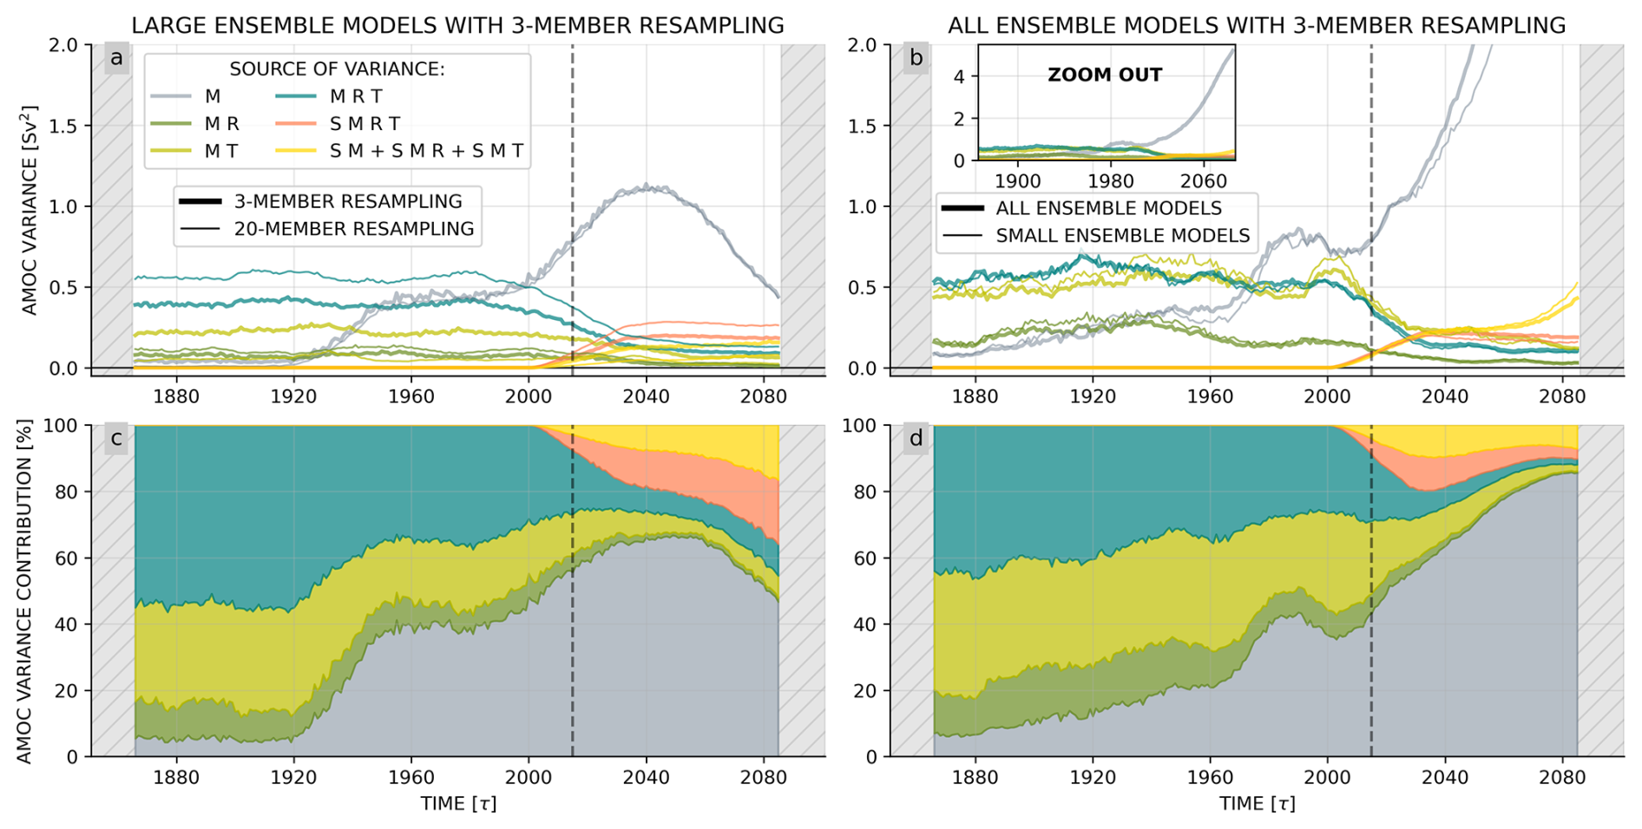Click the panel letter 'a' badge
click(116, 58)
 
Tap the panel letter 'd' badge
click(916, 439)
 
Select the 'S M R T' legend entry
click(365, 124)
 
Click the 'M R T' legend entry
click(356, 96)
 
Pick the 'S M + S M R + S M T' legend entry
click(426, 151)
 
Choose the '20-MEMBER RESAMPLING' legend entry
click(353, 229)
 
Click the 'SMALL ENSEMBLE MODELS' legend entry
click(1122, 236)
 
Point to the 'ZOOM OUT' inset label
click(1104, 75)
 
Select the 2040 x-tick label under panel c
click(646, 778)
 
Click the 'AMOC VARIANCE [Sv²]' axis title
click(30, 210)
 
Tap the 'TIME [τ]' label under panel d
click(1257, 804)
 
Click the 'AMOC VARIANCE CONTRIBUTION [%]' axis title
click(24, 591)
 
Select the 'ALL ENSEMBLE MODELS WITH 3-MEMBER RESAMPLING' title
click(1257, 26)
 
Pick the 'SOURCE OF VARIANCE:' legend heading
click(337, 69)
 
